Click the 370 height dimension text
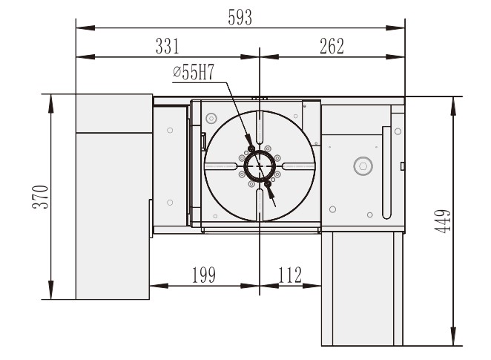pyautogui.click(x=44, y=197)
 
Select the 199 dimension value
pyautogui.click(x=202, y=275)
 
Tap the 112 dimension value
pyautogui.click(x=289, y=275)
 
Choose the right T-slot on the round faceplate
pyautogui.click(x=300, y=168)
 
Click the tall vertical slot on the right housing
pyautogui.click(x=386, y=170)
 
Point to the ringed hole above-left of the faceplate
pyautogui.click(x=211, y=118)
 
